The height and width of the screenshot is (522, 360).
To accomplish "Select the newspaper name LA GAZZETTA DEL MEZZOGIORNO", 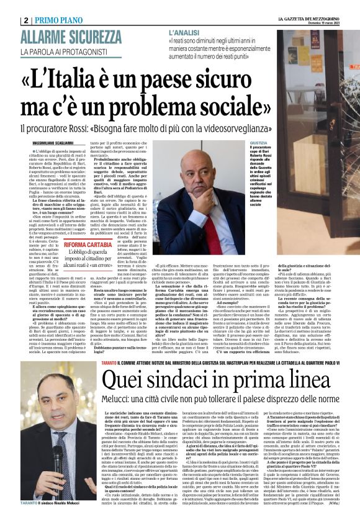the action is tap(304, 19).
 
